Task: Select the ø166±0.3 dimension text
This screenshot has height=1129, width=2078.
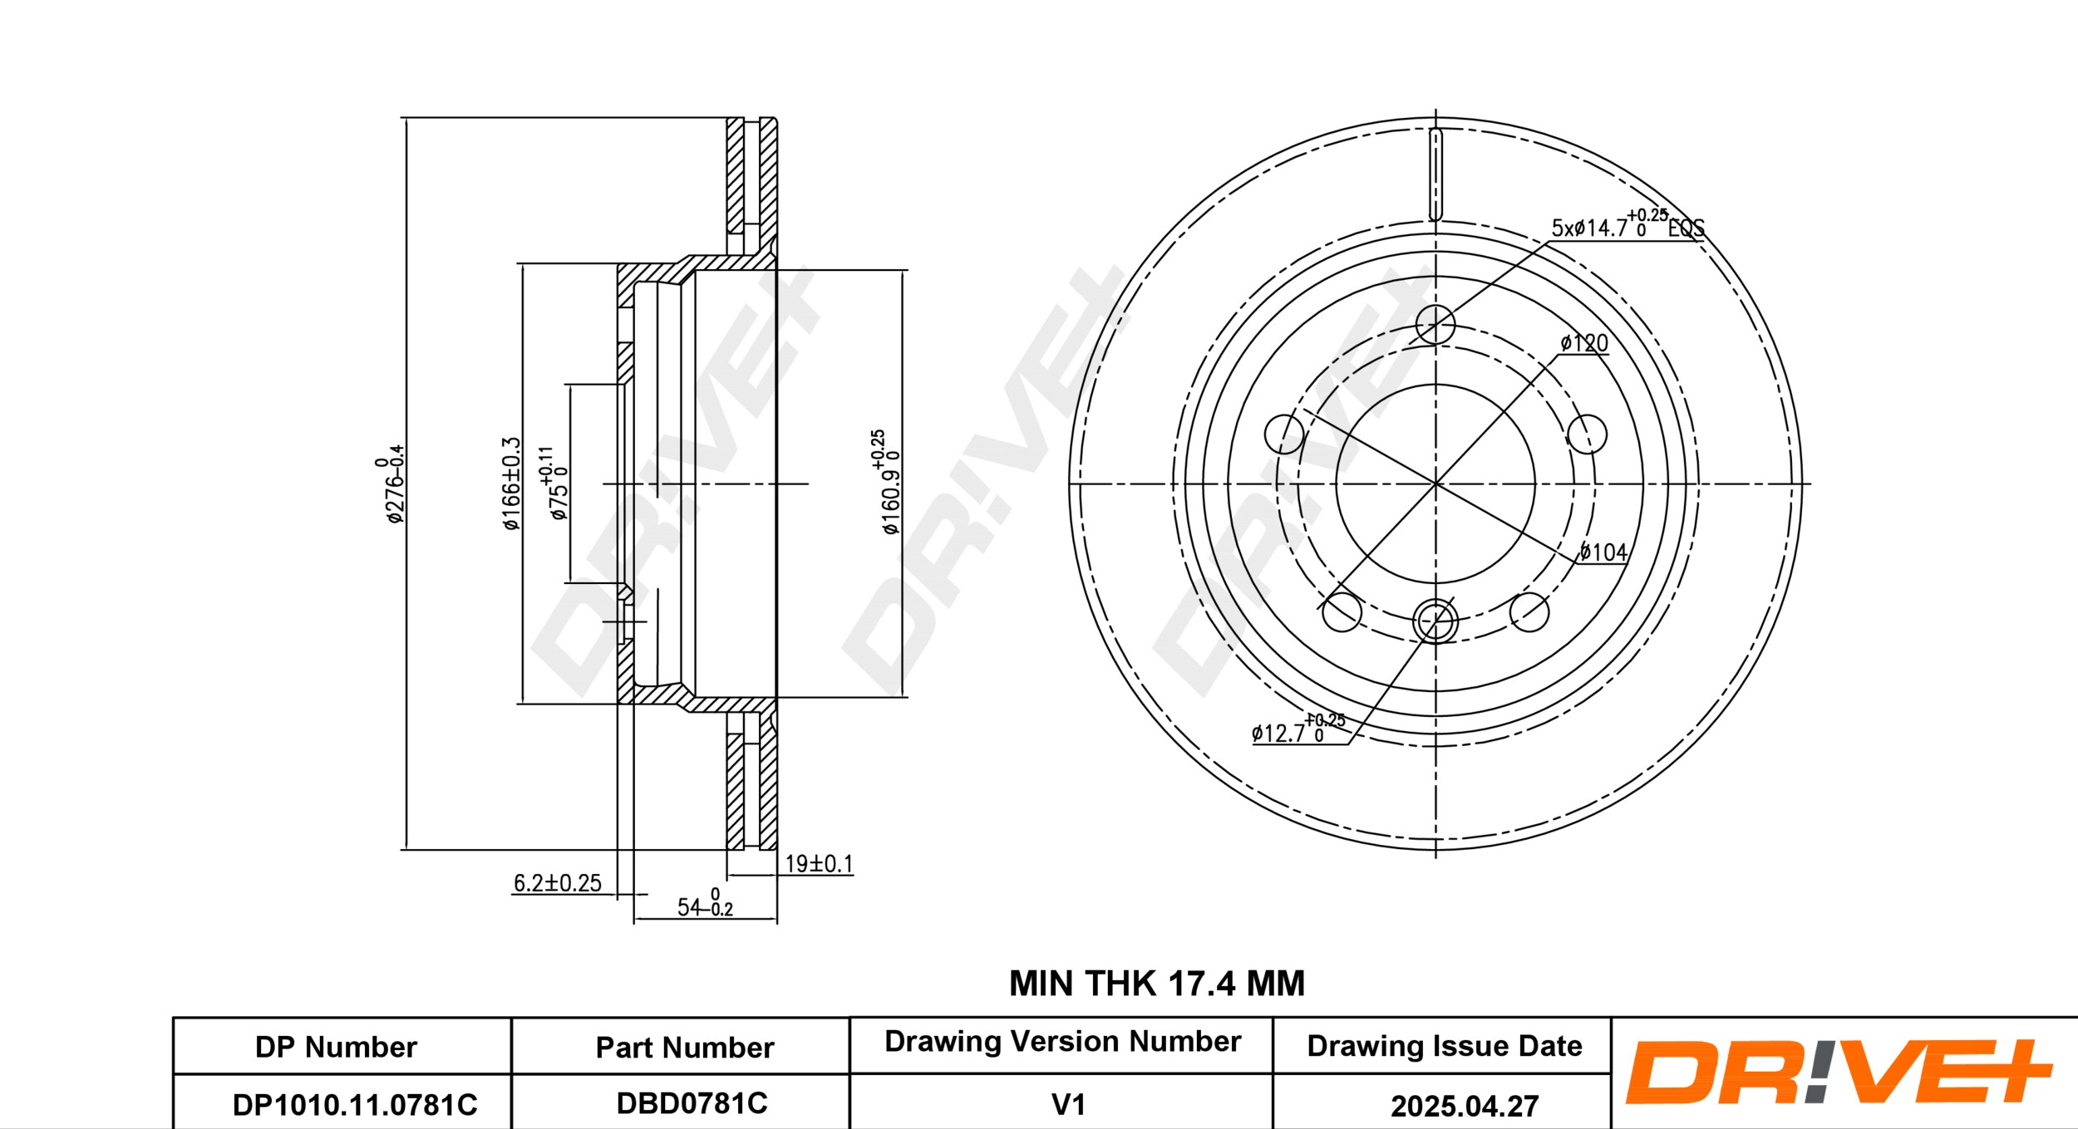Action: click(x=511, y=484)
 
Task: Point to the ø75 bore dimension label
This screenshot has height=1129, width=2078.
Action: click(x=555, y=484)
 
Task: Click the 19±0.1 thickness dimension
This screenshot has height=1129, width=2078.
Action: click(x=819, y=864)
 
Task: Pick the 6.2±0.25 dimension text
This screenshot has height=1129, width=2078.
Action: click(x=557, y=883)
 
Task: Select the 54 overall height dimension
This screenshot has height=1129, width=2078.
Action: click(x=705, y=903)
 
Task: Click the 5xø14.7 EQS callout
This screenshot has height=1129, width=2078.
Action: click(x=1627, y=223)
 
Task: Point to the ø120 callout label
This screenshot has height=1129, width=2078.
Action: click(x=1584, y=343)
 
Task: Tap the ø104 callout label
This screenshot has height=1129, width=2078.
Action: click(x=1603, y=552)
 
